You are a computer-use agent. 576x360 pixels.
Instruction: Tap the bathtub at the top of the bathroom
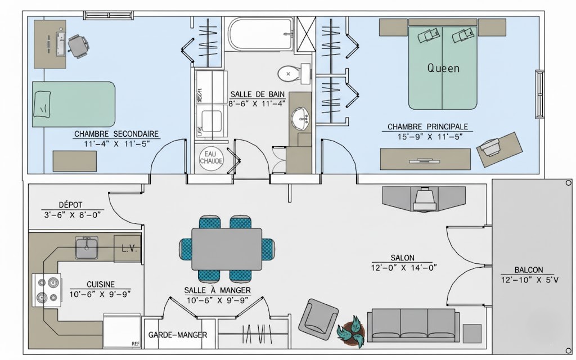260,33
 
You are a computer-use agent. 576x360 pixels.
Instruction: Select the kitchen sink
87,248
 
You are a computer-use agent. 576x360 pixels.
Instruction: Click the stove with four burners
47,290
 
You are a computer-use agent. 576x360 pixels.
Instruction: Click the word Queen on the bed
443,68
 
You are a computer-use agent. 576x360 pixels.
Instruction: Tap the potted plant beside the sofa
352,331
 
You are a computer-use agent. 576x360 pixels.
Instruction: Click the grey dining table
227,249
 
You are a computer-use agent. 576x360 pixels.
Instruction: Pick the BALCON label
529,269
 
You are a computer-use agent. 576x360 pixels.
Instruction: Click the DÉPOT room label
70,205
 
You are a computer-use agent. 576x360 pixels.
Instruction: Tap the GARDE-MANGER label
178,335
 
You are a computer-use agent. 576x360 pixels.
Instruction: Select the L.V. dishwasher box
127,249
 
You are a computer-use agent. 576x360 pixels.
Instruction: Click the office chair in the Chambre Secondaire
78,46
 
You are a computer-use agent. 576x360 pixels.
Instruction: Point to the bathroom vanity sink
301,119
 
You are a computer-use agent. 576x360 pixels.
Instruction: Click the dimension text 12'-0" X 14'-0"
404,268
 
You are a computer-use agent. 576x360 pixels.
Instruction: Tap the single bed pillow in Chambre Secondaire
42,104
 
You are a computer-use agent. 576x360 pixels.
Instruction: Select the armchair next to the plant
318,318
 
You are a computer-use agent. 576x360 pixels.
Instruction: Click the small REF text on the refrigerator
136,344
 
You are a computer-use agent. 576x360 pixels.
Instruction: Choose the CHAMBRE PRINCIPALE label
428,127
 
